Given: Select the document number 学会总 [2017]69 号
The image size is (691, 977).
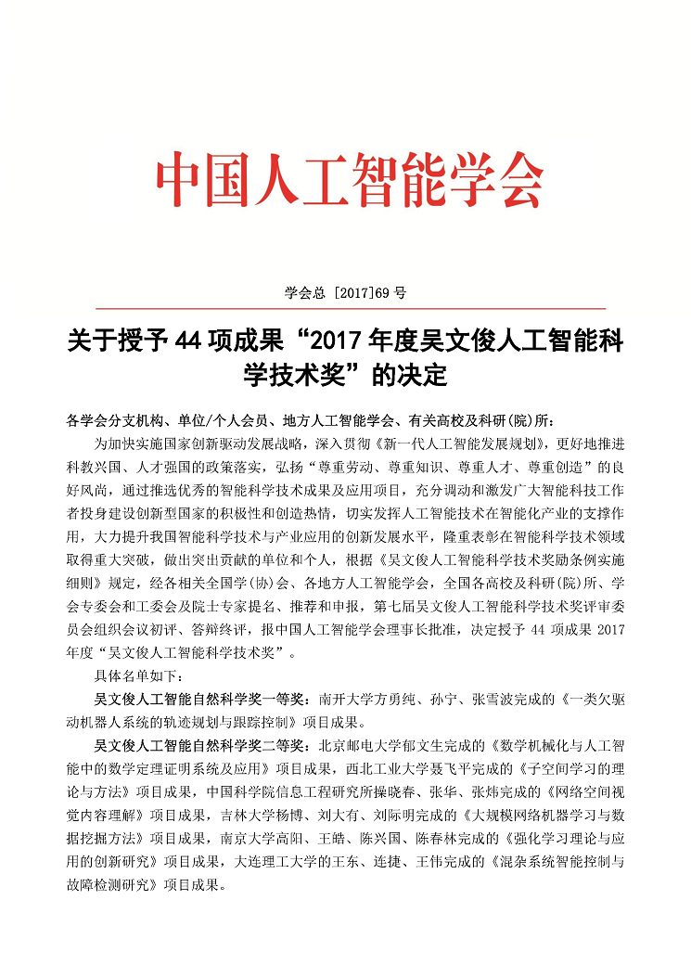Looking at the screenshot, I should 345,292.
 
